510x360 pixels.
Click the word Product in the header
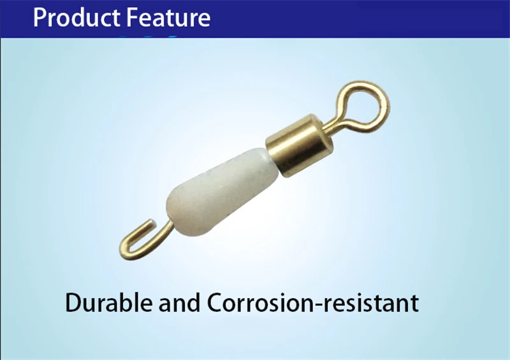pyautogui.click(x=76, y=17)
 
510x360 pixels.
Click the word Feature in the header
pyautogui.click(x=168, y=17)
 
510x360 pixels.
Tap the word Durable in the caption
pyautogui.click(x=108, y=303)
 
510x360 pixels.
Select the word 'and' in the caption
pyautogui.click(x=180, y=303)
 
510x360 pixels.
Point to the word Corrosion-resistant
pyautogui.click(x=313, y=303)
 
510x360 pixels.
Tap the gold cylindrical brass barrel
pyautogui.click(x=300, y=145)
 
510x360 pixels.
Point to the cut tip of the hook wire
pyautogui.click(x=152, y=223)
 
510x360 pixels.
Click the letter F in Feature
pyautogui.click(x=132, y=18)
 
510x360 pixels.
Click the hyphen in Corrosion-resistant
pyautogui.click(x=321, y=305)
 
